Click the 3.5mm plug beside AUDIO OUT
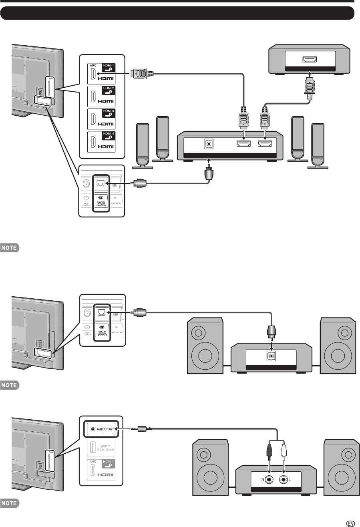(x=140, y=429)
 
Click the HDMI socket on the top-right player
(x=310, y=60)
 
